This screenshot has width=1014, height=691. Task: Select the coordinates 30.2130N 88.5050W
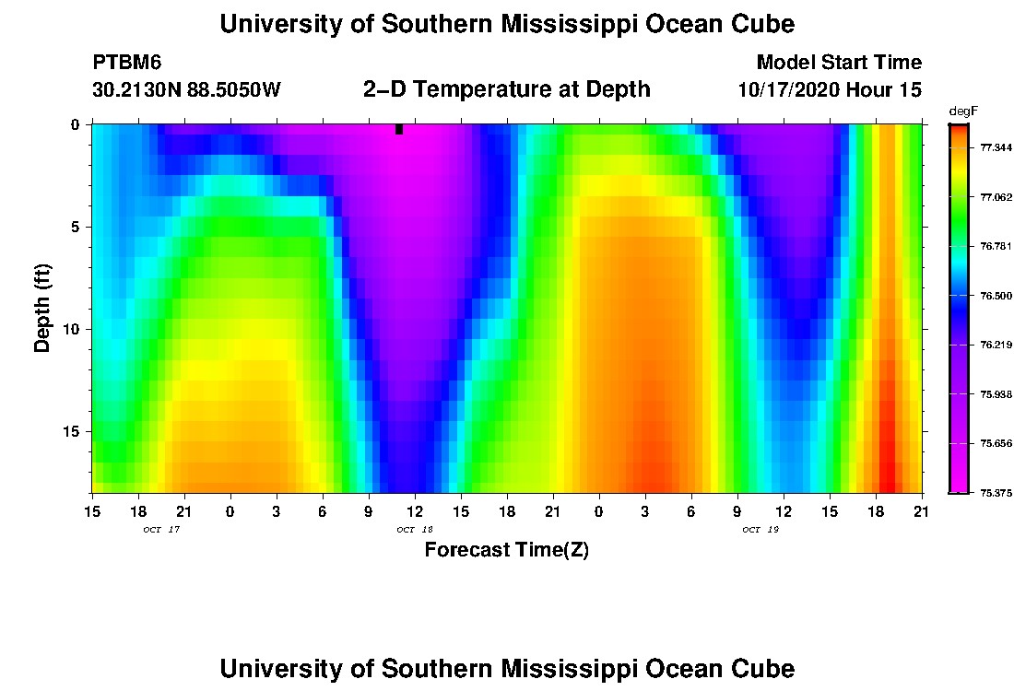[x=187, y=90]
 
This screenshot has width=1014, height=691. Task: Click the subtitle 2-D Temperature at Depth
[x=507, y=89]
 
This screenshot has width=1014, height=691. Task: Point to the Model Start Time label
[x=838, y=63]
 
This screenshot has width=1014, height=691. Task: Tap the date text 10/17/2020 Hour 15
[x=830, y=90]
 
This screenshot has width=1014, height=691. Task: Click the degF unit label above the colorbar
[x=961, y=111]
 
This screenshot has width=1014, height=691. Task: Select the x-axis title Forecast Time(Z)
[x=506, y=550]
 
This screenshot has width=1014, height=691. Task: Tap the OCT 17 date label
[x=161, y=530]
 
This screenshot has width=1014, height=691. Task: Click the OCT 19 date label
[x=760, y=530]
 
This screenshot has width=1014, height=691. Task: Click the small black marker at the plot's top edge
[x=399, y=129]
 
